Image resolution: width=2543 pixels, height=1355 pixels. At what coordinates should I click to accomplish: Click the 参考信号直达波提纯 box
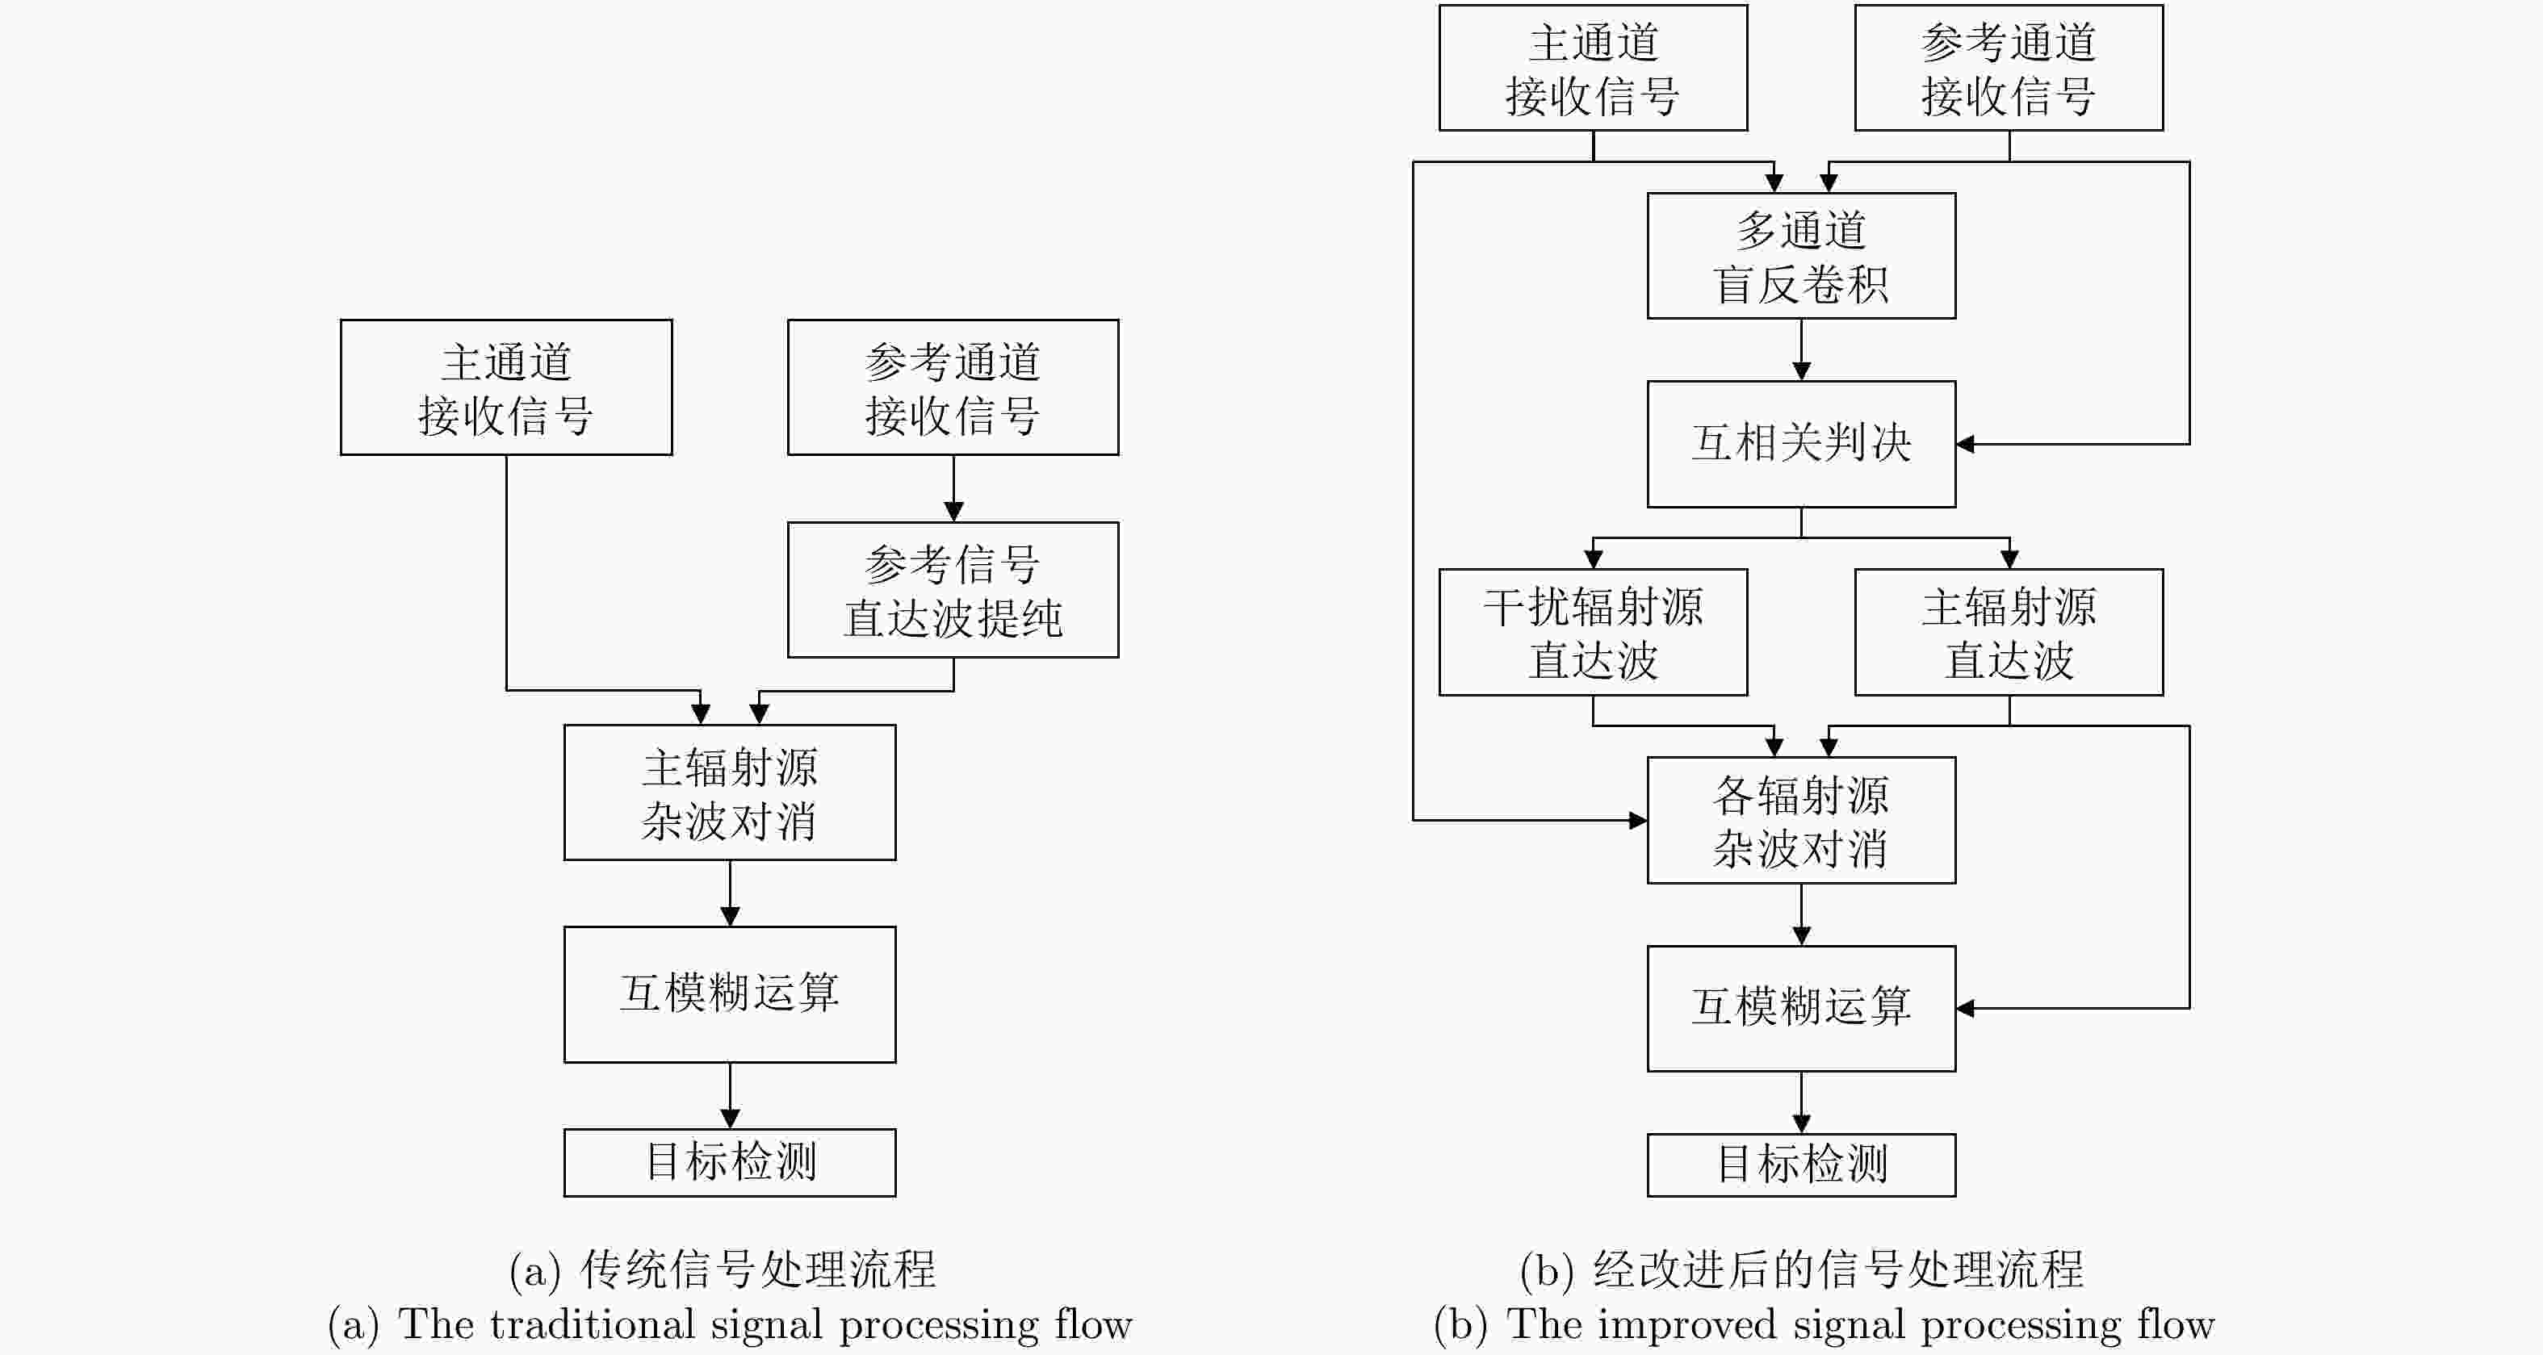tap(953, 589)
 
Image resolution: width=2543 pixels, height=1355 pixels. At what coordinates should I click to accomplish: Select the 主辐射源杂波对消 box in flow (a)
tap(730, 793)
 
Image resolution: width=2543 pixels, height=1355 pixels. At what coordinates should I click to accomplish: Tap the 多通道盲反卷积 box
tap(1800, 256)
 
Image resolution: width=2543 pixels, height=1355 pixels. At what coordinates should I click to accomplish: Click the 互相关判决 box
tap(1800, 444)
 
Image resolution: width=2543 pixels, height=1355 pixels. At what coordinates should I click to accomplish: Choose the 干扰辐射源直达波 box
tap(1592, 632)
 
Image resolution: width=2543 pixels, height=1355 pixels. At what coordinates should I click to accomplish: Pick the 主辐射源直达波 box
tap(2009, 632)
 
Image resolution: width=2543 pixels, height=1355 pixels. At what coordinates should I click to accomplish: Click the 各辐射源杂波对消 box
tap(1800, 820)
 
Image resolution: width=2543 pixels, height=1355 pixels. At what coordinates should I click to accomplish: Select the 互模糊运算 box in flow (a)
tap(730, 993)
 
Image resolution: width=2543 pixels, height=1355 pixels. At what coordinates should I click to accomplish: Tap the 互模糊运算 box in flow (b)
tap(1800, 1008)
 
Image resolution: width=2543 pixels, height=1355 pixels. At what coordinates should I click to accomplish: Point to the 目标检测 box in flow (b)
tap(1800, 1165)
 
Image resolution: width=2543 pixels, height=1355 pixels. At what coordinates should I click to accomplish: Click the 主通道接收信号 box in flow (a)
tap(506, 387)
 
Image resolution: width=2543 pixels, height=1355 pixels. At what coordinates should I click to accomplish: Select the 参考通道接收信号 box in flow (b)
tap(2009, 67)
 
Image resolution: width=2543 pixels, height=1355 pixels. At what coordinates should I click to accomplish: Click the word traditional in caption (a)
tap(593, 1324)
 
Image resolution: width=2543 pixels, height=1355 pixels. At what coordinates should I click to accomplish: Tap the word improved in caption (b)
tap(1687, 1324)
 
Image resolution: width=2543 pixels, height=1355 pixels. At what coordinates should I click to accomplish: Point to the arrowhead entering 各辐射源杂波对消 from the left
tap(1638, 820)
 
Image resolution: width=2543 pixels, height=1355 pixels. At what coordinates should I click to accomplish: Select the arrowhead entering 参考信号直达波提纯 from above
tap(953, 511)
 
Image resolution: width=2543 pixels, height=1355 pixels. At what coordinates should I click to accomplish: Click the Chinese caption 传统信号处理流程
tap(757, 1269)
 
